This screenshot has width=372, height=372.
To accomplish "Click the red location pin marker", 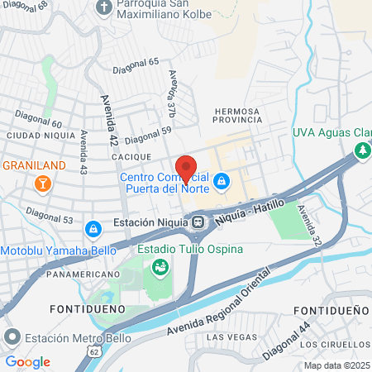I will coord(186,168).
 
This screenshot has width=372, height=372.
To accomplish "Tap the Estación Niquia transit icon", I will coord(198,222).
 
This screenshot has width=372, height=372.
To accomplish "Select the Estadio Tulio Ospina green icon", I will coord(159,266).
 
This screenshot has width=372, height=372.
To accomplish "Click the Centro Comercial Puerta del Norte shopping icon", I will coord(222,180).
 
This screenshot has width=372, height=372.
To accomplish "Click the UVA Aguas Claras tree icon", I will coord(361,150).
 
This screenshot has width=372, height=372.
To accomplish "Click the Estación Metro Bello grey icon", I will coord(12,336).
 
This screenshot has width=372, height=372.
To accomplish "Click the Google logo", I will coord(27,361).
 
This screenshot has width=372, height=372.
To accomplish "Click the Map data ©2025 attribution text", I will coord(336,365).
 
